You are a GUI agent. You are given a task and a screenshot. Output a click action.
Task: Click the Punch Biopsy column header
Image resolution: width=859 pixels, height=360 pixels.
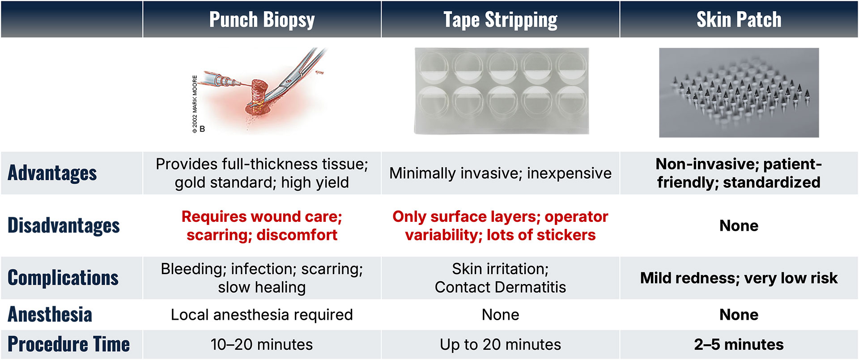pos(262,20)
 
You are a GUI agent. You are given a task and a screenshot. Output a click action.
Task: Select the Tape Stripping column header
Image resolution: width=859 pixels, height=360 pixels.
pos(500,20)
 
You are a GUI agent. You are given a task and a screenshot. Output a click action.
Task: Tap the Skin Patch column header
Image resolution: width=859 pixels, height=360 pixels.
pos(739,20)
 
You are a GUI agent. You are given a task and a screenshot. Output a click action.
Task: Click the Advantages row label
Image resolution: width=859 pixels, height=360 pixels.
pos(52,173)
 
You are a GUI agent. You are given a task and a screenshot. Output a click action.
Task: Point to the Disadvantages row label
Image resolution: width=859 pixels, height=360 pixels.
pos(64,225)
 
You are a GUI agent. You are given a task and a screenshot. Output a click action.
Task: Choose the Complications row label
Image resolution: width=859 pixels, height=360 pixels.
pos(63,278)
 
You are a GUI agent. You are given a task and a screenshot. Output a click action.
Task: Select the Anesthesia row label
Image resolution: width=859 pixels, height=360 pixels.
pos(50,314)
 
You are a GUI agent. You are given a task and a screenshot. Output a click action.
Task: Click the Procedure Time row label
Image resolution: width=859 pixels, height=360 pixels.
pos(68,344)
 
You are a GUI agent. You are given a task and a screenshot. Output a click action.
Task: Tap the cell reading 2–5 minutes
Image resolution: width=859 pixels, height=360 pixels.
pos(739,344)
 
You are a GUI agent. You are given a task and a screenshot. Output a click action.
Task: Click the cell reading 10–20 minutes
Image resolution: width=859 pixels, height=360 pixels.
pos(262,344)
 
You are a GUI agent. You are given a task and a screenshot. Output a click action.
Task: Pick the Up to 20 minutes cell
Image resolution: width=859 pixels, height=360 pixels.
pos(500,344)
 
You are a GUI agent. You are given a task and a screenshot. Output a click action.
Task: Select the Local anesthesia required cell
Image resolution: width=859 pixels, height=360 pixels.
pos(262,315)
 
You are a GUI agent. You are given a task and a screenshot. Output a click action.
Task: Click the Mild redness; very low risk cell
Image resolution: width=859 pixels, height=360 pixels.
pos(739,278)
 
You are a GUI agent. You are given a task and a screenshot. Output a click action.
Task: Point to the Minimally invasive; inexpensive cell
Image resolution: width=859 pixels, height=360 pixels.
pos(500,173)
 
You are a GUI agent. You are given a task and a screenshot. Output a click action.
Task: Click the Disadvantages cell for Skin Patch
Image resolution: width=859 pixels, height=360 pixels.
pos(739,226)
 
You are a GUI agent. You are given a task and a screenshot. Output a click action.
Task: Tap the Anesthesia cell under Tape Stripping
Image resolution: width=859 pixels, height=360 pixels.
pos(500,315)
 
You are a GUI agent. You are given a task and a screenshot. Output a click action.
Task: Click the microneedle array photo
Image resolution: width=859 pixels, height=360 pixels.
pos(739,93)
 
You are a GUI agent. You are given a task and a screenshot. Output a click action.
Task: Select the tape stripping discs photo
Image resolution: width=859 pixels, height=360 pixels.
pos(501,91)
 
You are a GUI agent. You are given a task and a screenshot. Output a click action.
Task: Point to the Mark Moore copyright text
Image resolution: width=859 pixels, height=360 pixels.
pos(195,104)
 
